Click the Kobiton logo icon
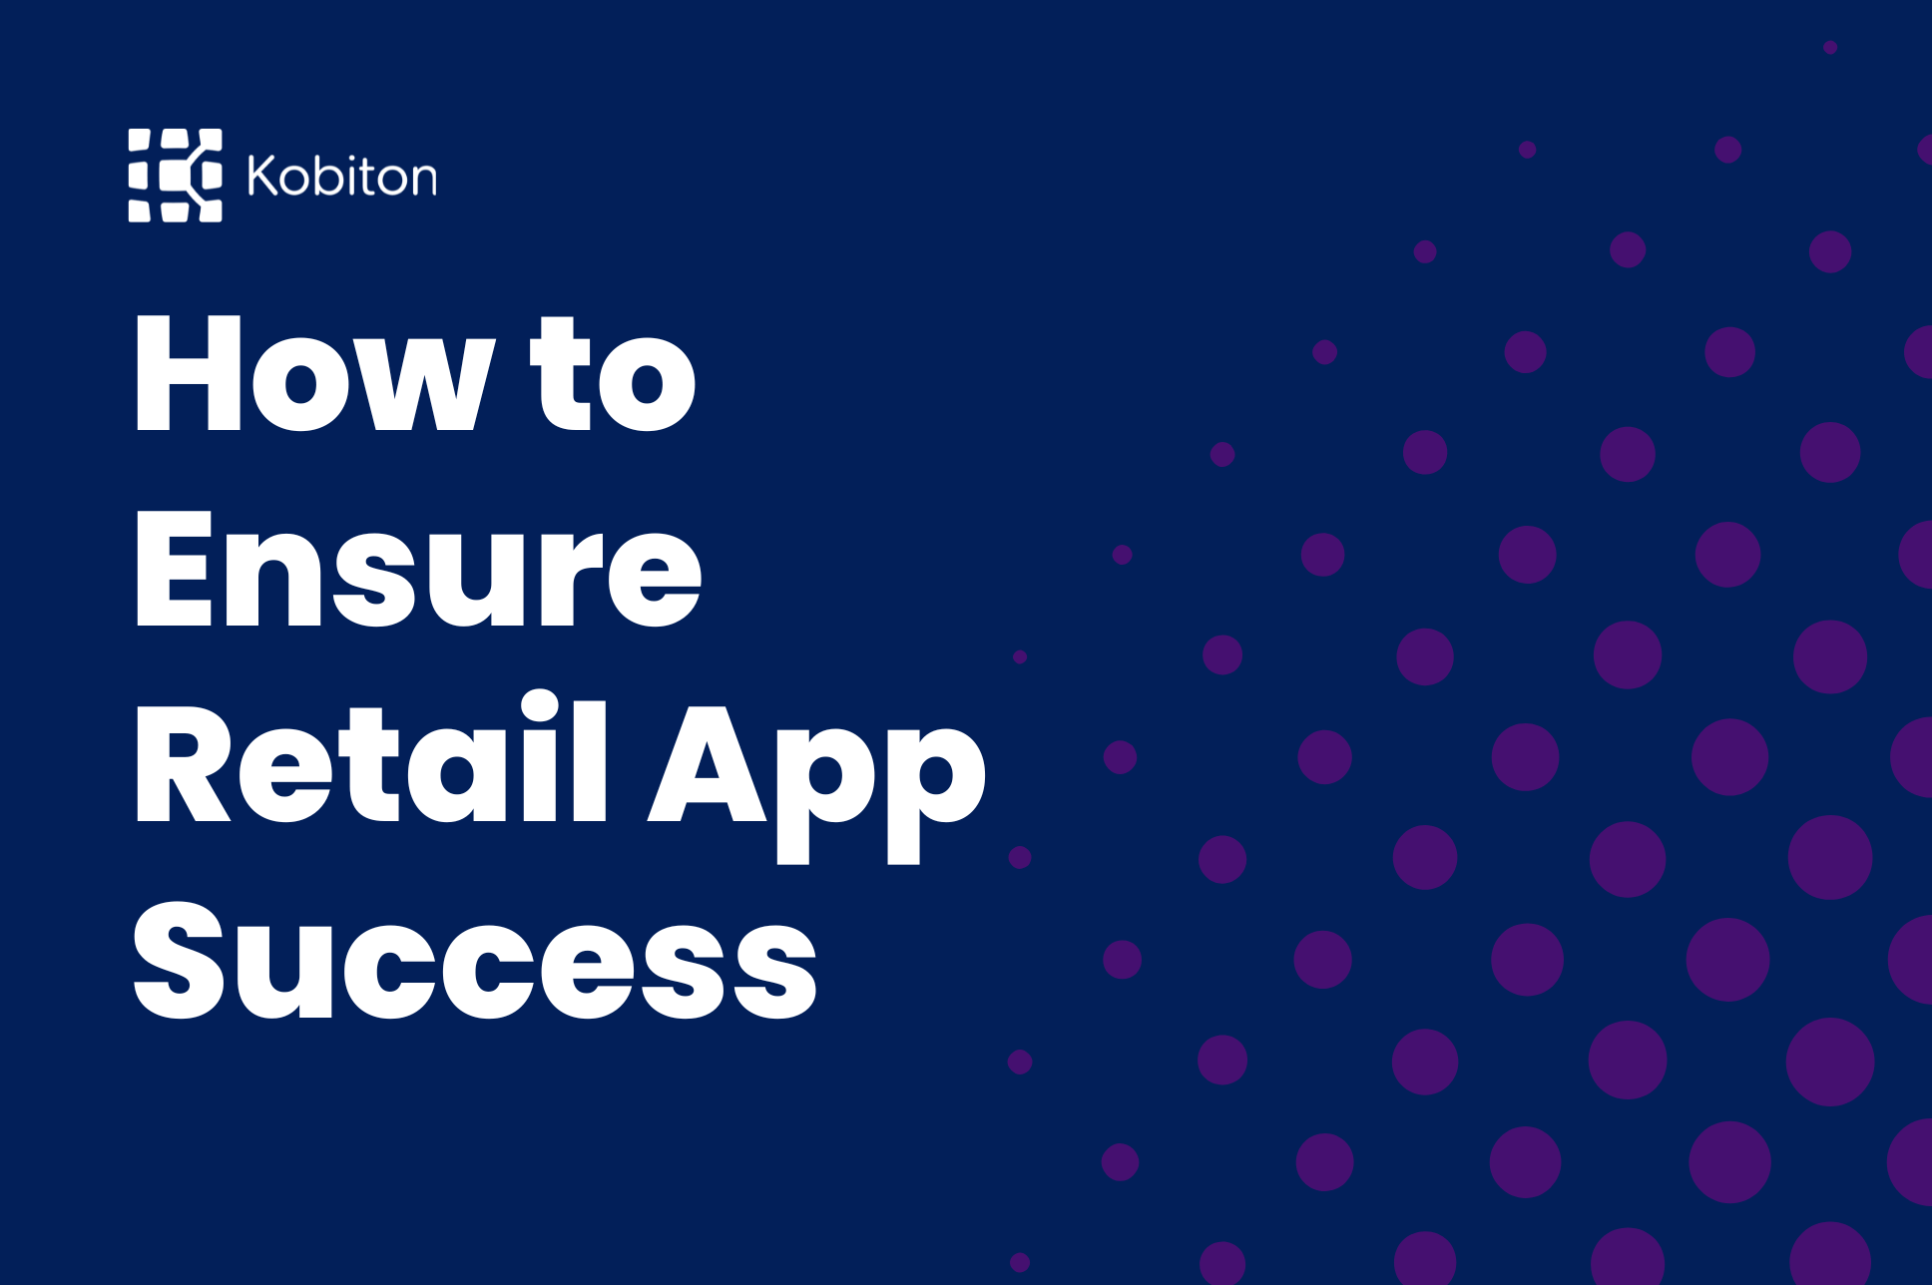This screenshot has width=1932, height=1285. click(175, 175)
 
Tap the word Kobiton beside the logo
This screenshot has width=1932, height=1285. click(342, 176)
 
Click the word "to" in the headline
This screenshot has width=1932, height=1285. click(612, 373)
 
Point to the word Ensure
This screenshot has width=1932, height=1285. click(418, 569)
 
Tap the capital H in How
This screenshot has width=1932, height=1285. click(189, 373)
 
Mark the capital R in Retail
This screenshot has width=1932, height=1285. click(184, 764)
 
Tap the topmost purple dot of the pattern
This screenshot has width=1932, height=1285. click(1830, 47)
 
